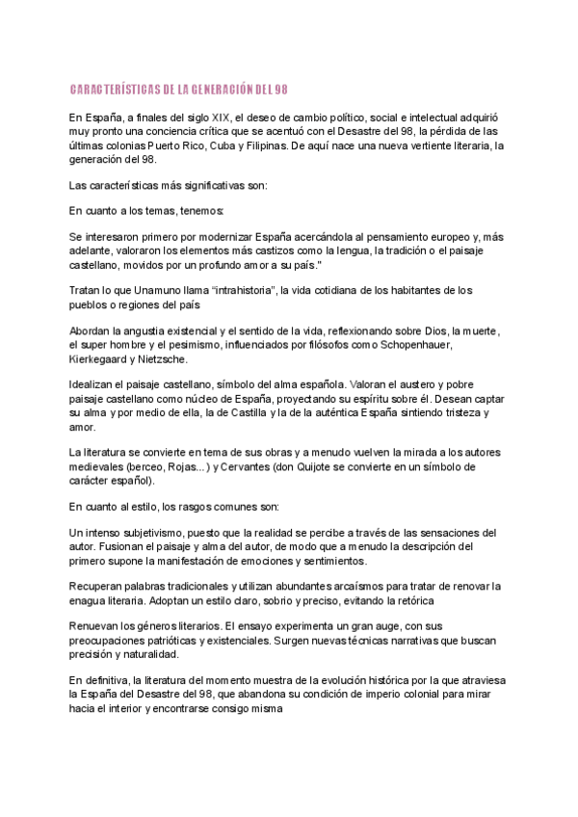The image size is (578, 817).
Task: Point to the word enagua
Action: [x=91, y=600]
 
